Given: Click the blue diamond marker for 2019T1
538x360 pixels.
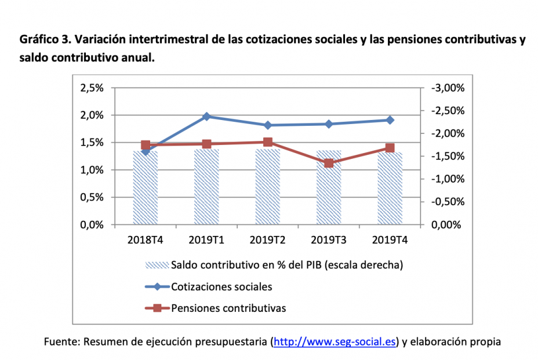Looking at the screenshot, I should tap(206, 117).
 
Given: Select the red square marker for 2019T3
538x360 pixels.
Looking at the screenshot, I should tap(329, 163).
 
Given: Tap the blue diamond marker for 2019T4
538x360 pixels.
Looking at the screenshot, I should tap(390, 120).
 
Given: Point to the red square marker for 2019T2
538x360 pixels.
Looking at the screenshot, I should tap(268, 142).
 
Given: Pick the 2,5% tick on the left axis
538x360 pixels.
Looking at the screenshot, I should tap(92, 88).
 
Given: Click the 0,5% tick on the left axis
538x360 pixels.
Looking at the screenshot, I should tap(92, 197).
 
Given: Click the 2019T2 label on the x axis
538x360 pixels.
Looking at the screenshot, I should tap(268, 239).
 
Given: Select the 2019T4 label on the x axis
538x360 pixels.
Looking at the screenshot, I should tap(390, 239).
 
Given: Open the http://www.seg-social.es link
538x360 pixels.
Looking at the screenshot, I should tap(335, 342).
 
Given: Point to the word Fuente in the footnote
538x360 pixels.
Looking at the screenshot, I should tap(61, 342).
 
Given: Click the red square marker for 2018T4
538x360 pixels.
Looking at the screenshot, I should tap(146, 146).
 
